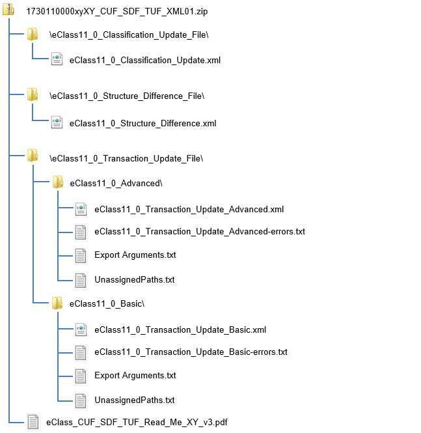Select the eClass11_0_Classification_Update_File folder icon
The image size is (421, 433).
point(33,34)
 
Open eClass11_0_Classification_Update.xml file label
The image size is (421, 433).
point(144,61)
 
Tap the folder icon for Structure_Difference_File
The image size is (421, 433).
point(33,96)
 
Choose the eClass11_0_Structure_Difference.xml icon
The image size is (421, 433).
point(57,122)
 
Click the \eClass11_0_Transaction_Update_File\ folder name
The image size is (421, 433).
point(126,158)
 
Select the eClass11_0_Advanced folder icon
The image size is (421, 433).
point(57,183)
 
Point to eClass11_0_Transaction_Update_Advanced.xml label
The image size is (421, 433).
point(189,209)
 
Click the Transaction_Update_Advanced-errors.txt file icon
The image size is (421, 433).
point(81,231)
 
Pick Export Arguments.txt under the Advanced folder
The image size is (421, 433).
point(135,255)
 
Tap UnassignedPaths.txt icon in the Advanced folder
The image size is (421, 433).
point(81,280)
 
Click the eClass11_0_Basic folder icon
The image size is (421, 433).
point(57,303)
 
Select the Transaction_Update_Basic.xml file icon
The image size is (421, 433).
point(81,329)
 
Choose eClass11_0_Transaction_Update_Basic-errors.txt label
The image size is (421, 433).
point(191,352)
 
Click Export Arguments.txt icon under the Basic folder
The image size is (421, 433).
point(81,376)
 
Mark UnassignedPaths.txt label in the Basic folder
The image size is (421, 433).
point(134,400)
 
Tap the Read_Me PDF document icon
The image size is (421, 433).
point(33,422)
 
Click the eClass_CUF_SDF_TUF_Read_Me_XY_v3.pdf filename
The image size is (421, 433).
point(137,423)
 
